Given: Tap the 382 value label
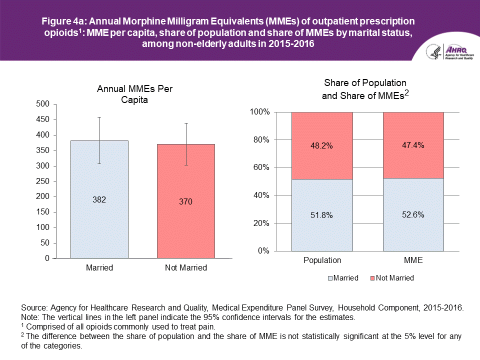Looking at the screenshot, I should point(99,199).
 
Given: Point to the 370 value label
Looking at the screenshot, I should point(186,202).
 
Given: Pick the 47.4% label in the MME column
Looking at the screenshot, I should point(413,145).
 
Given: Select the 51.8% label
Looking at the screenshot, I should point(322,215).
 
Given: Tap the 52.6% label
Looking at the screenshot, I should point(413,215).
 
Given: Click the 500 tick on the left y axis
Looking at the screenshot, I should point(44,104).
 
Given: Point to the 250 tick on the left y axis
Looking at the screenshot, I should point(44,181).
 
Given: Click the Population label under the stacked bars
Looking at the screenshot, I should point(322,260).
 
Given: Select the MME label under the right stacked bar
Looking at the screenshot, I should point(413,260).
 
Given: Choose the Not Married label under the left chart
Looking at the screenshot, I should point(186,268).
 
